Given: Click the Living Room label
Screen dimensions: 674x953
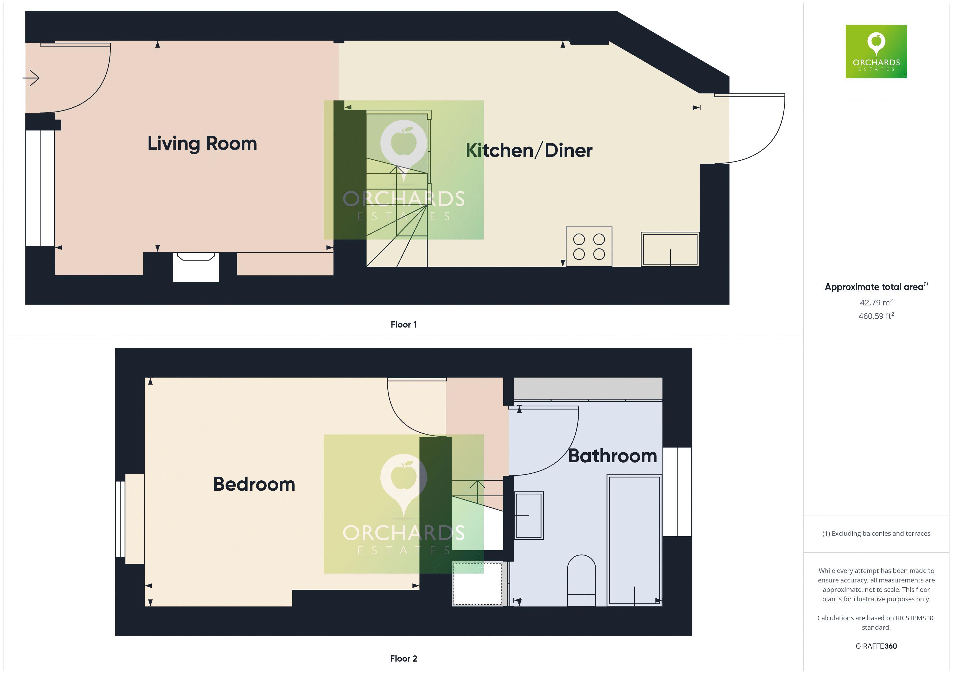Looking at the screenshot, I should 202,144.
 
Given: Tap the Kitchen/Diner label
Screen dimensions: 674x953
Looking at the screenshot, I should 529,150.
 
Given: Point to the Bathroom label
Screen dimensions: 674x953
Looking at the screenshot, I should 612,456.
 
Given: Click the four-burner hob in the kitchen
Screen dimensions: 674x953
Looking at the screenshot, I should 589,247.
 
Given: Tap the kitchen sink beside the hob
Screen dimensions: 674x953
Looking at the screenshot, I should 670,249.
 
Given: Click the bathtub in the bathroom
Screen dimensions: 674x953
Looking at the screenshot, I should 634,540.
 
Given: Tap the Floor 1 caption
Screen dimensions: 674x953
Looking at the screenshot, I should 404,325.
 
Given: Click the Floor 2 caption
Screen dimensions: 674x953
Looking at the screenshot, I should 404,659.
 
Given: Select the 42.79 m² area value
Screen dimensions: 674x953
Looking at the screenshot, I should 876,302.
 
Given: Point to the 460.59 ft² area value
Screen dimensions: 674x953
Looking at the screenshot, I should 876,316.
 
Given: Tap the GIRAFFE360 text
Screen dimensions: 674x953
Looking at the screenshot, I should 876,646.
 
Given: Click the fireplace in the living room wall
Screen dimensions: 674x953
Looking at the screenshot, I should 196,267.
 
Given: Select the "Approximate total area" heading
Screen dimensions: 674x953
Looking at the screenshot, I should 875,287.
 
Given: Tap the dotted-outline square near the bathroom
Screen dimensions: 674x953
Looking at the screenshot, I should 477,584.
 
